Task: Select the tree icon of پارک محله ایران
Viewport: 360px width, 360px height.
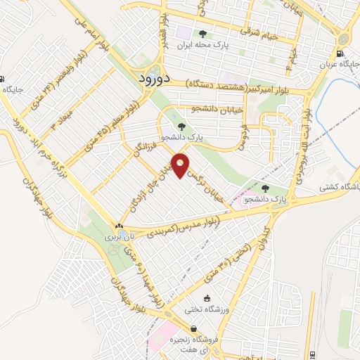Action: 204,34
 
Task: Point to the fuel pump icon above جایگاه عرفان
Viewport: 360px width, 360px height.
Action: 340,55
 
